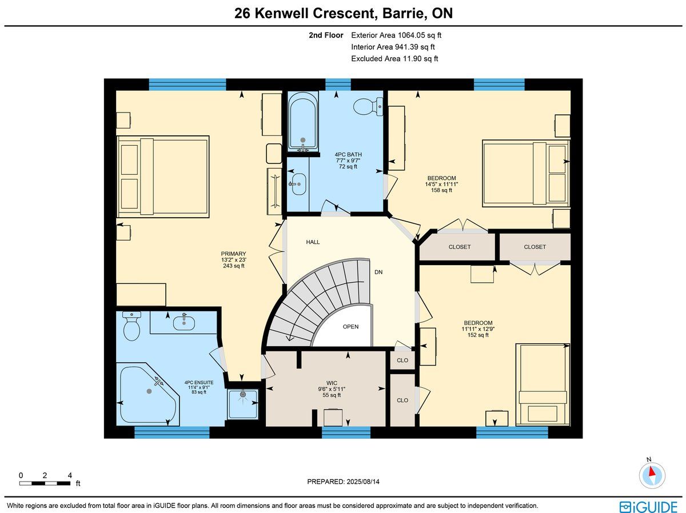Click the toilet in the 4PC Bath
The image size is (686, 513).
(x=368, y=106)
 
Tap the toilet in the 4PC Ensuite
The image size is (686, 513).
(x=131, y=326)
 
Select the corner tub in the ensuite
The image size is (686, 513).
(x=148, y=394)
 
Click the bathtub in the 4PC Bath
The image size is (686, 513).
(x=303, y=122)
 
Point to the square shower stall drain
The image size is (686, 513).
(x=243, y=395)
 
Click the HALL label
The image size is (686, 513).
(x=313, y=242)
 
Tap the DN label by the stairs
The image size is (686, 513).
(x=378, y=272)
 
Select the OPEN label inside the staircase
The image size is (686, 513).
(x=350, y=327)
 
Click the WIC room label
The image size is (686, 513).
(x=332, y=383)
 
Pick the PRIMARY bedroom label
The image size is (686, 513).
(x=233, y=254)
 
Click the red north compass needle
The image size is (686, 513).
(x=652, y=471)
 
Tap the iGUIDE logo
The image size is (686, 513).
(x=648, y=507)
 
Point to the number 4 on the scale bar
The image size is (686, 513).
(x=70, y=475)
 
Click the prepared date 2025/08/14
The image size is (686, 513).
(x=362, y=482)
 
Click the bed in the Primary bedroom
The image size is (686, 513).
(x=163, y=177)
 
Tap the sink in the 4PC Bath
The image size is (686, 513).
(x=297, y=184)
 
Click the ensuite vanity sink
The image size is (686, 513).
(x=184, y=322)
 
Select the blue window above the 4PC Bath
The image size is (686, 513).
(x=338, y=85)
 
